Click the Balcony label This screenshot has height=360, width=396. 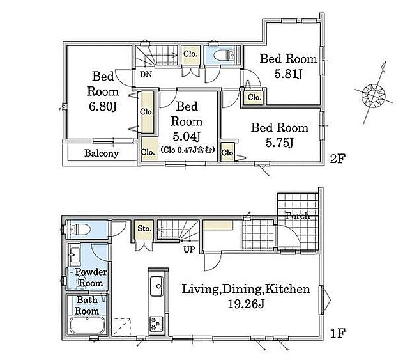click(x=102, y=153)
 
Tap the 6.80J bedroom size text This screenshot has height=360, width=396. click(x=102, y=106)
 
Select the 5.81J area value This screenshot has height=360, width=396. click(x=288, y=74)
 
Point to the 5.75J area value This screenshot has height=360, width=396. click(x=279, y=143)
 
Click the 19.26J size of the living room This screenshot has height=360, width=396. click(x=246, y=304)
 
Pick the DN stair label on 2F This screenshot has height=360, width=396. click(x=146, y=74)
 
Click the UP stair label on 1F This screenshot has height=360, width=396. click(x=189, y=249)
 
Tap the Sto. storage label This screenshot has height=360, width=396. click(x=144, y=228)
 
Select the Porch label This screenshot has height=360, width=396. click(x=297, y=215)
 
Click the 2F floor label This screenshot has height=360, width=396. click(x=337, y=159)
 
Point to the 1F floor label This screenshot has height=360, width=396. click(x=338, y=333)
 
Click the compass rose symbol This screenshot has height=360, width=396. click(x=373, y=95)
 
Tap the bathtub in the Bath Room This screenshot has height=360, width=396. click(x=87, y=325)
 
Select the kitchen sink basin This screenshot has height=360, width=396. click(x=157, y=286)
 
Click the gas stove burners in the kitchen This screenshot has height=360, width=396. click(x=156, y=324)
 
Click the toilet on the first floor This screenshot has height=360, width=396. click(x=80, y=230)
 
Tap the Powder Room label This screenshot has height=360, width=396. click(x=91, y=278)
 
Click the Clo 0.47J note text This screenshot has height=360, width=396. click(x=187, y=150)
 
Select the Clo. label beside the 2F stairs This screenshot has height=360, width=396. click(x=190, y=54)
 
